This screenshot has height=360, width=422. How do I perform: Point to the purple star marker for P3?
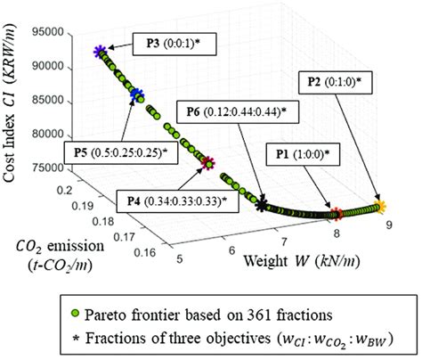[99, 53]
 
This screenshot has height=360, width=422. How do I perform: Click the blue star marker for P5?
[136, 93]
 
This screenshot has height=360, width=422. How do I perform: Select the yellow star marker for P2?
[382, 207]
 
